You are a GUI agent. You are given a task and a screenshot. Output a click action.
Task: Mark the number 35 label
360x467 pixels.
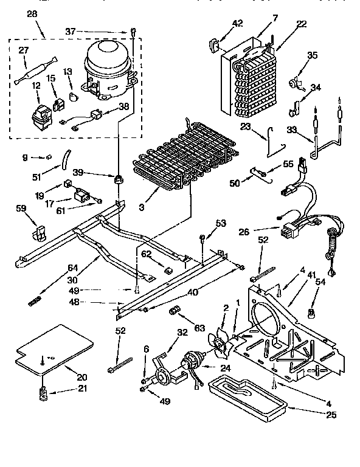(x=312, y=55)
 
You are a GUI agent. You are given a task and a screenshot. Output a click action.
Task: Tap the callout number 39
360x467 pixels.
(x=95, y=172)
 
